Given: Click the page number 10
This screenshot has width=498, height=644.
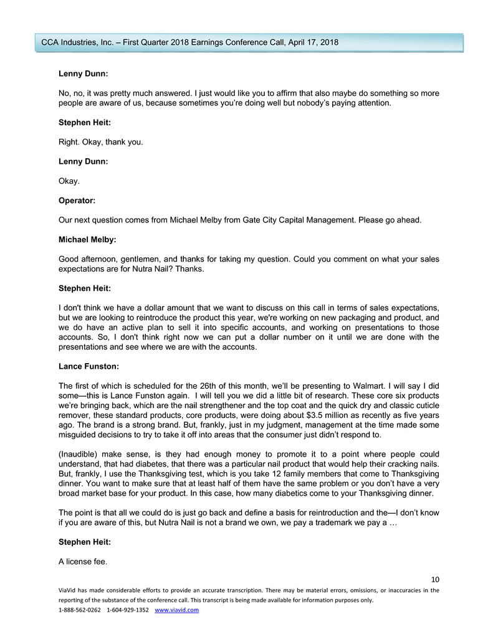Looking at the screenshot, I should click(x=435, y=580).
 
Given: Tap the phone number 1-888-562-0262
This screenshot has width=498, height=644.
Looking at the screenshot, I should click(x=80, y=610).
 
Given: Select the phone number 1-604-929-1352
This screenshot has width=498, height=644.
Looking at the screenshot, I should click(x=128, y=610).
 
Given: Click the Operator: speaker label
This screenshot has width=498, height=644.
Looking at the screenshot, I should click(x=76, y=202).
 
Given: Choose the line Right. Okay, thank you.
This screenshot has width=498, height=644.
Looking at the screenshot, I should click(x=100, y=141).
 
